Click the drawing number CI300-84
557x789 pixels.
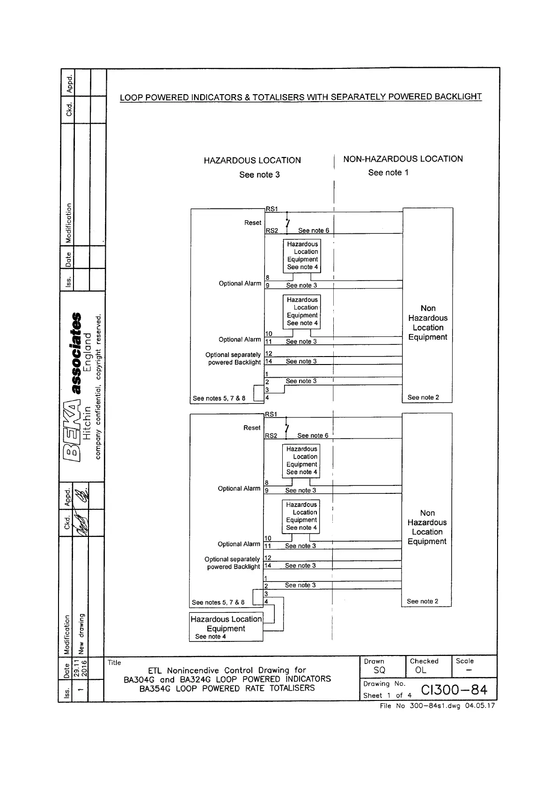coord(454,690)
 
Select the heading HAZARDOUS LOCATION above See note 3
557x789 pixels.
coord(252,160)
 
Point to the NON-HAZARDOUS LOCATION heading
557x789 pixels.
coord(403,159)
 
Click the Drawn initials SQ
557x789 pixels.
coord(379,670)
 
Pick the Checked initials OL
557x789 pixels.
coord(421,670)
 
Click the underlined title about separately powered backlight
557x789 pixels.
coord(300,97)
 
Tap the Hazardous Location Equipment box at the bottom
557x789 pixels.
coord(226,627)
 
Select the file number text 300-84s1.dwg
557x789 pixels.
coord(435,706)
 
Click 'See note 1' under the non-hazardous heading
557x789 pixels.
coord(388,172)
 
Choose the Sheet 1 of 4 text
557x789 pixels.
coord(387,695)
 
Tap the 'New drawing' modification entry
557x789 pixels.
coord(81,633)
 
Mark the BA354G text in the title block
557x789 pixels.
coord(155,688)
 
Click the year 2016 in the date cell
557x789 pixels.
coord(85,669)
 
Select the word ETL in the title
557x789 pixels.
coord(155,670)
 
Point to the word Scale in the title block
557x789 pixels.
coord(464,661)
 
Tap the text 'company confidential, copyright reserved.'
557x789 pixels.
coord(98,387)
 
